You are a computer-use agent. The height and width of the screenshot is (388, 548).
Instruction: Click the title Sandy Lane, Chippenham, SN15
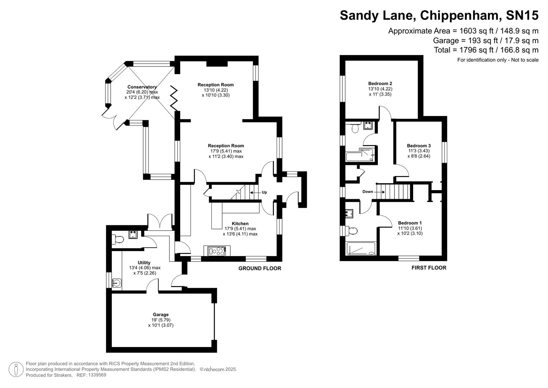point(439,15)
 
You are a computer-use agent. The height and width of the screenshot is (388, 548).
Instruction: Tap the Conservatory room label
point(142,87)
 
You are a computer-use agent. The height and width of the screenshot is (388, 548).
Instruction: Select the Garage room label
point(160,315)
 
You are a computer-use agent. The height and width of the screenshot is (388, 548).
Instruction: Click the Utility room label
point(144,263)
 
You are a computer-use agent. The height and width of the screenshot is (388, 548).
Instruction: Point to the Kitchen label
point(240,223)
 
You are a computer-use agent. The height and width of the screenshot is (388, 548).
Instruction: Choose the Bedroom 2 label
point(380,84)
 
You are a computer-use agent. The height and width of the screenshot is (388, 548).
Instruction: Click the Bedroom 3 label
point(418,145)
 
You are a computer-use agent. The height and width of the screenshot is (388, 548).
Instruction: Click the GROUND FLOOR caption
point(260,268)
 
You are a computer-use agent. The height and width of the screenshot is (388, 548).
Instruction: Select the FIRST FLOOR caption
point(428,268)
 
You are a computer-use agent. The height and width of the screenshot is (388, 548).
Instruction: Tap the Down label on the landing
point(367,191)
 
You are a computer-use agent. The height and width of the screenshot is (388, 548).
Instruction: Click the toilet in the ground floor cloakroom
point(118,239)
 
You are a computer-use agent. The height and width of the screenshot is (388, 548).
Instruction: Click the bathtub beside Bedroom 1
point(361,249)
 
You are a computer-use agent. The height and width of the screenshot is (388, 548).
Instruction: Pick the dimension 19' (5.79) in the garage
point(160,320)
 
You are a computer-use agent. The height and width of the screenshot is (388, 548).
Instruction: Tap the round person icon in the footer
point(16,369)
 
